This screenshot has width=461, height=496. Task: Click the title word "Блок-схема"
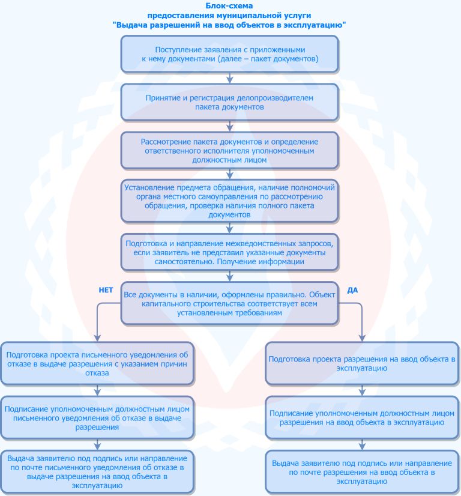(x=229, y=5)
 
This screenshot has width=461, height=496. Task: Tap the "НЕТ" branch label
(x=106, y=290)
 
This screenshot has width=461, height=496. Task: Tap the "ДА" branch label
(x=352, y=290)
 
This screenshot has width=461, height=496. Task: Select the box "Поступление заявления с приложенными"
(x=230, y=54)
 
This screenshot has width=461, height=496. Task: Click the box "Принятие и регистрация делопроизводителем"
(x=230, y=102)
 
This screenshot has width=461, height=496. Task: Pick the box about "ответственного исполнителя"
(x=230, y=151)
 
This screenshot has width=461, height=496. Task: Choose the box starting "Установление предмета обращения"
(x=230, y=201)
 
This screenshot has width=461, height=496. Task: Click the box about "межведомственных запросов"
(x=230, y=252)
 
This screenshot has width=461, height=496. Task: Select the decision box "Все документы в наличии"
(x=230, y=303)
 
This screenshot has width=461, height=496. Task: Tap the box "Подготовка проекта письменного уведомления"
(x=97, y=363)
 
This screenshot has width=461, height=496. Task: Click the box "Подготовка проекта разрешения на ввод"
(x=362, y=363)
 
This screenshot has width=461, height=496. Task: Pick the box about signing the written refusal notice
(x=97, y=417)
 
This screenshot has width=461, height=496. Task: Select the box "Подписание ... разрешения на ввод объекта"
(x=362, y=417)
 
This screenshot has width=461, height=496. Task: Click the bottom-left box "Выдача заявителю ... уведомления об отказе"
(x=97, y=471)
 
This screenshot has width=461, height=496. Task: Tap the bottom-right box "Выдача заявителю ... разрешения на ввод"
(x=362, y=471)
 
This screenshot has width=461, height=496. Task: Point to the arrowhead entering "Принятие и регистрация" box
(x=230, y=80)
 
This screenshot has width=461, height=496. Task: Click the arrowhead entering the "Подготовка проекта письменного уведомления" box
(x=97, y=339)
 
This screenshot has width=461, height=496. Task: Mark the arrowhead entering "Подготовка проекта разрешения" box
(x=362, y=339)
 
